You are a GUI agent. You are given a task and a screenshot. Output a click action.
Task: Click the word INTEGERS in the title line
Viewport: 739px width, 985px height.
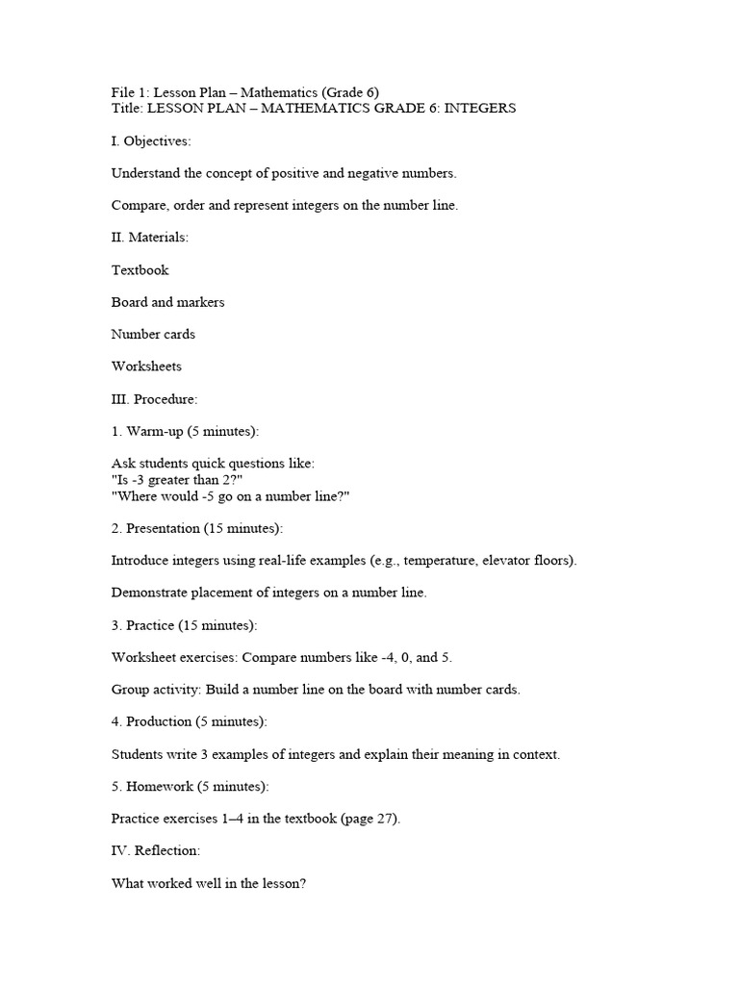480,109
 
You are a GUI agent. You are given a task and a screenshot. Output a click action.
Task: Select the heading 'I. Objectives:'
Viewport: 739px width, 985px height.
151,141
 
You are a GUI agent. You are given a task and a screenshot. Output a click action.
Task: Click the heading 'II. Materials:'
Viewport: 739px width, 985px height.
150,238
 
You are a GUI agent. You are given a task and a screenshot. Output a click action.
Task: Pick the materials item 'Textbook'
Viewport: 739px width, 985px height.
140,270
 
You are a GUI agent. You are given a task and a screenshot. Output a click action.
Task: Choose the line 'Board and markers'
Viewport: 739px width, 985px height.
168,302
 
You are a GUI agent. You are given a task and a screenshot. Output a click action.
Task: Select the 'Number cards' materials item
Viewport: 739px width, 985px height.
153,335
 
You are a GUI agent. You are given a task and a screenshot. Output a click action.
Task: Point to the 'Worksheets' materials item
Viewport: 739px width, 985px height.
146,366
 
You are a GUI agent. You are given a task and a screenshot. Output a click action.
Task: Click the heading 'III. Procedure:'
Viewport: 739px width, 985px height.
155,399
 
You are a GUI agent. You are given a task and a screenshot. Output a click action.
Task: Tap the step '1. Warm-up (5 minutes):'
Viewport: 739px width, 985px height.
186,431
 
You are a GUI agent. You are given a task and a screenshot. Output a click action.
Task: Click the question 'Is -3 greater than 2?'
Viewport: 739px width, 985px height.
184,480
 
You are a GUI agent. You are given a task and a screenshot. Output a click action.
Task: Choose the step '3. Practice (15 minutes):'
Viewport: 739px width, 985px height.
185,625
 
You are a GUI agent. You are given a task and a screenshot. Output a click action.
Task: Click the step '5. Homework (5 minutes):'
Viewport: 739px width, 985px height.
191,787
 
